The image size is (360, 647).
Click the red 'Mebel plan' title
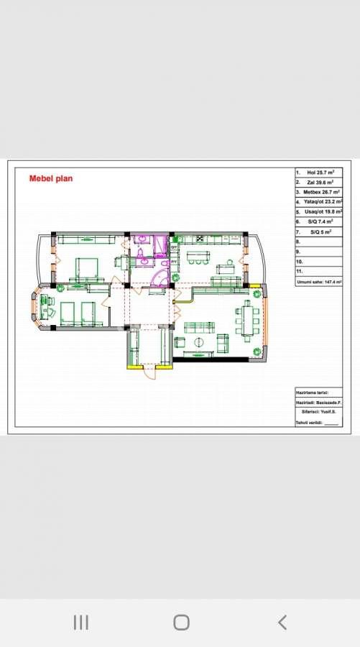[x=50, y=178]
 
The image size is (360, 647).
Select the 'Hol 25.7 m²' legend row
[x=320, y=173]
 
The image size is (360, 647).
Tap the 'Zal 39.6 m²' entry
[x=320, y=183]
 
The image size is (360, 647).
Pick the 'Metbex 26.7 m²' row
[x=320, y=193]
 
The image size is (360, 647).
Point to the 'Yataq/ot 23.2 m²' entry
[x=320, y=203]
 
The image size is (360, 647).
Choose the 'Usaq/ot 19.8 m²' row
[x=320, y=213]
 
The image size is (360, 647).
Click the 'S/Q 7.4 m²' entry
[x=320, y=223]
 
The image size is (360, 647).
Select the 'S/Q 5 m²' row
[x=320, y=233]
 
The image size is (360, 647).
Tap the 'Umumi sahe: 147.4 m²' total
[x=319, y=283]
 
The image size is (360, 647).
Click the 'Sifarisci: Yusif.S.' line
[x=319, y=413]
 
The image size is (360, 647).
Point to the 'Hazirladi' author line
[x=319, y=403]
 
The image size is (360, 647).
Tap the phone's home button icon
[x=181, y=623]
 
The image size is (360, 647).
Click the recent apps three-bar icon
[x=80, y=623]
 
